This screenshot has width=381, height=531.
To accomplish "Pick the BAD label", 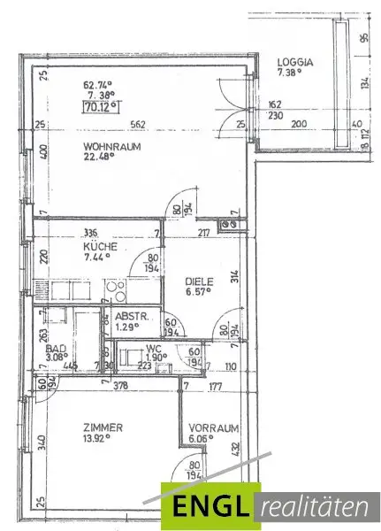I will (x=55, y=349).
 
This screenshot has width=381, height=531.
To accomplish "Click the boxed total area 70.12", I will (x=99, y=109).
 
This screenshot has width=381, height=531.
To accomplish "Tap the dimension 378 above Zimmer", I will (x=105, y=386).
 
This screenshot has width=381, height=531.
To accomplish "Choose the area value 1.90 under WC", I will (x=156, y=358).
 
